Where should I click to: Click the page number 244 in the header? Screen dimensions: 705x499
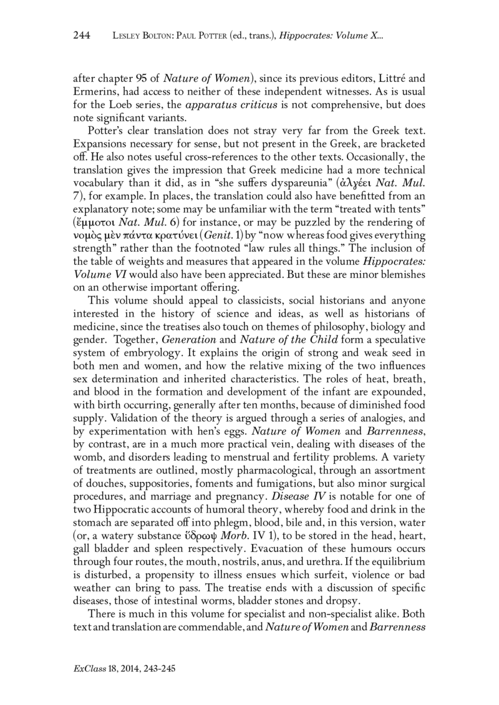83,37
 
